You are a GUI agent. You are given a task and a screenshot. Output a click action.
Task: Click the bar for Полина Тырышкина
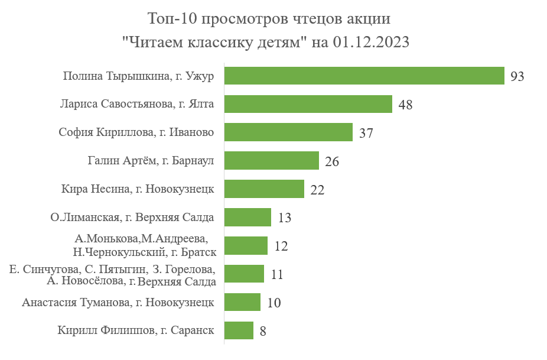click(x=364, y=76)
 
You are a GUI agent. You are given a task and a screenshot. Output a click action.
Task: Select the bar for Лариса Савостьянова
click(x=308, y=104)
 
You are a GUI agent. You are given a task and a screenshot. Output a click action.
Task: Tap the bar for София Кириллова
click(x=288, y=132)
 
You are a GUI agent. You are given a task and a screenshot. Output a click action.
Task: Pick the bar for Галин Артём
click(x=272, y=161)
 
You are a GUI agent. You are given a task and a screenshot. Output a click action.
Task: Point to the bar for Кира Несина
click(x=264, y=189)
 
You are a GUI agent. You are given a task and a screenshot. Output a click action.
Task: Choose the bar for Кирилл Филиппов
click(x=239, y=330)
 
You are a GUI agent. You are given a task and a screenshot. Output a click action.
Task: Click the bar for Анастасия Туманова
click(x=242, y=302)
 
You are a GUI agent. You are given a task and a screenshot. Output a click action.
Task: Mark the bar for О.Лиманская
click(x=248, y=218)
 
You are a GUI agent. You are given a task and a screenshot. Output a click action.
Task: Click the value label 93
click(x=517, y=77)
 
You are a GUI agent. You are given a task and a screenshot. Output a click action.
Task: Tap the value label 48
click(x=405, y=105)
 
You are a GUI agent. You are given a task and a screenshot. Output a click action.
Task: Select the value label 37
click(x=366, y=134)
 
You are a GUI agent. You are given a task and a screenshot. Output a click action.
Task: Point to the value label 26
click(x=332, y=162)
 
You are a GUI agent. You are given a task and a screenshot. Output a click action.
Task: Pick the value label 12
click(x=281, y=247)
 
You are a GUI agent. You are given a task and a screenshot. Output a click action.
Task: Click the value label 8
click(x=263, y=332)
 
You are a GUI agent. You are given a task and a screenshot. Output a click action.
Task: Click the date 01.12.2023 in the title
click(x=372, y=43)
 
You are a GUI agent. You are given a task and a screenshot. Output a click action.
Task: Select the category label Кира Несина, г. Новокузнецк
click(x=137, y=190)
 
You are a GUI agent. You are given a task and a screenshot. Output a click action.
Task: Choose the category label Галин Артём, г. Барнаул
click(x=150, y=161)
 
